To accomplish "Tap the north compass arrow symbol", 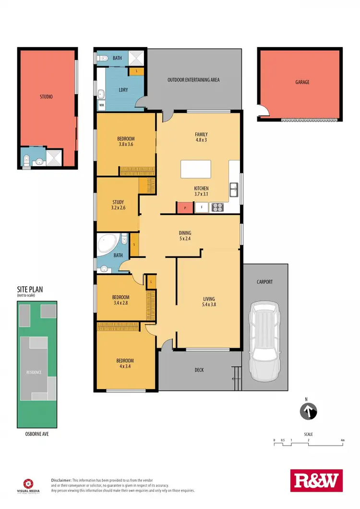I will [308, 412].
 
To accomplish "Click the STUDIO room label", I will [46, 97].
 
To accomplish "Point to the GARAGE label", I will [302, 82].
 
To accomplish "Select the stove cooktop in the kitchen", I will [218, 207].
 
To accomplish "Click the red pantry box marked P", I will [185, 208].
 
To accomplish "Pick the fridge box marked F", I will [202, 208].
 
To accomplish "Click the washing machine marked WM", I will [102, 104].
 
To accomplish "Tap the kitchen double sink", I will [234, 190].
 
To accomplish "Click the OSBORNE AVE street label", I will [36, 434].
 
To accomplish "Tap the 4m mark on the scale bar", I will [342, 440].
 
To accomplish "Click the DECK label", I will [200, 370].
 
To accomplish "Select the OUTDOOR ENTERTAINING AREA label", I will [193, 80].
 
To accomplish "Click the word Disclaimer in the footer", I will [61, 480].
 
